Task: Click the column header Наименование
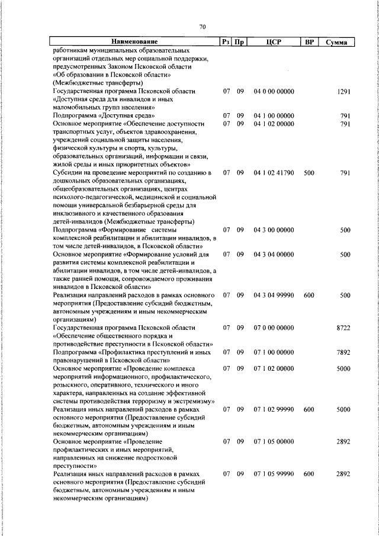[135, 42]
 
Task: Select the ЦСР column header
[273, 42]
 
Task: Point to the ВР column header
[309, 42]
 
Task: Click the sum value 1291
[344, 91]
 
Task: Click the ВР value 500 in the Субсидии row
[309, 172]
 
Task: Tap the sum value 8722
[344, 327]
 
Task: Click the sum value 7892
[344, 352]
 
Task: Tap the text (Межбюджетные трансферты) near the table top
[94, 83]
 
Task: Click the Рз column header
[226, 42]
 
